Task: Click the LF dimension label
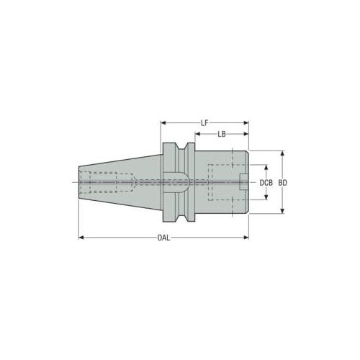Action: [204, 123]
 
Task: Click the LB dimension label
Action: [222, 134]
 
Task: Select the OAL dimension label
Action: [163, 238]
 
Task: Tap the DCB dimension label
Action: [266, 183]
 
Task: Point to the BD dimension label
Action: [283, 183]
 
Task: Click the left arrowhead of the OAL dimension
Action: [81, 238]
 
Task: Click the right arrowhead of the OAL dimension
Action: [246, 238]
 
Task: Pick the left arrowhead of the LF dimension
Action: [163, 123]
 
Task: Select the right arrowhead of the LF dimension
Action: [246, 123]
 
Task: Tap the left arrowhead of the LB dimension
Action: [197, 134]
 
